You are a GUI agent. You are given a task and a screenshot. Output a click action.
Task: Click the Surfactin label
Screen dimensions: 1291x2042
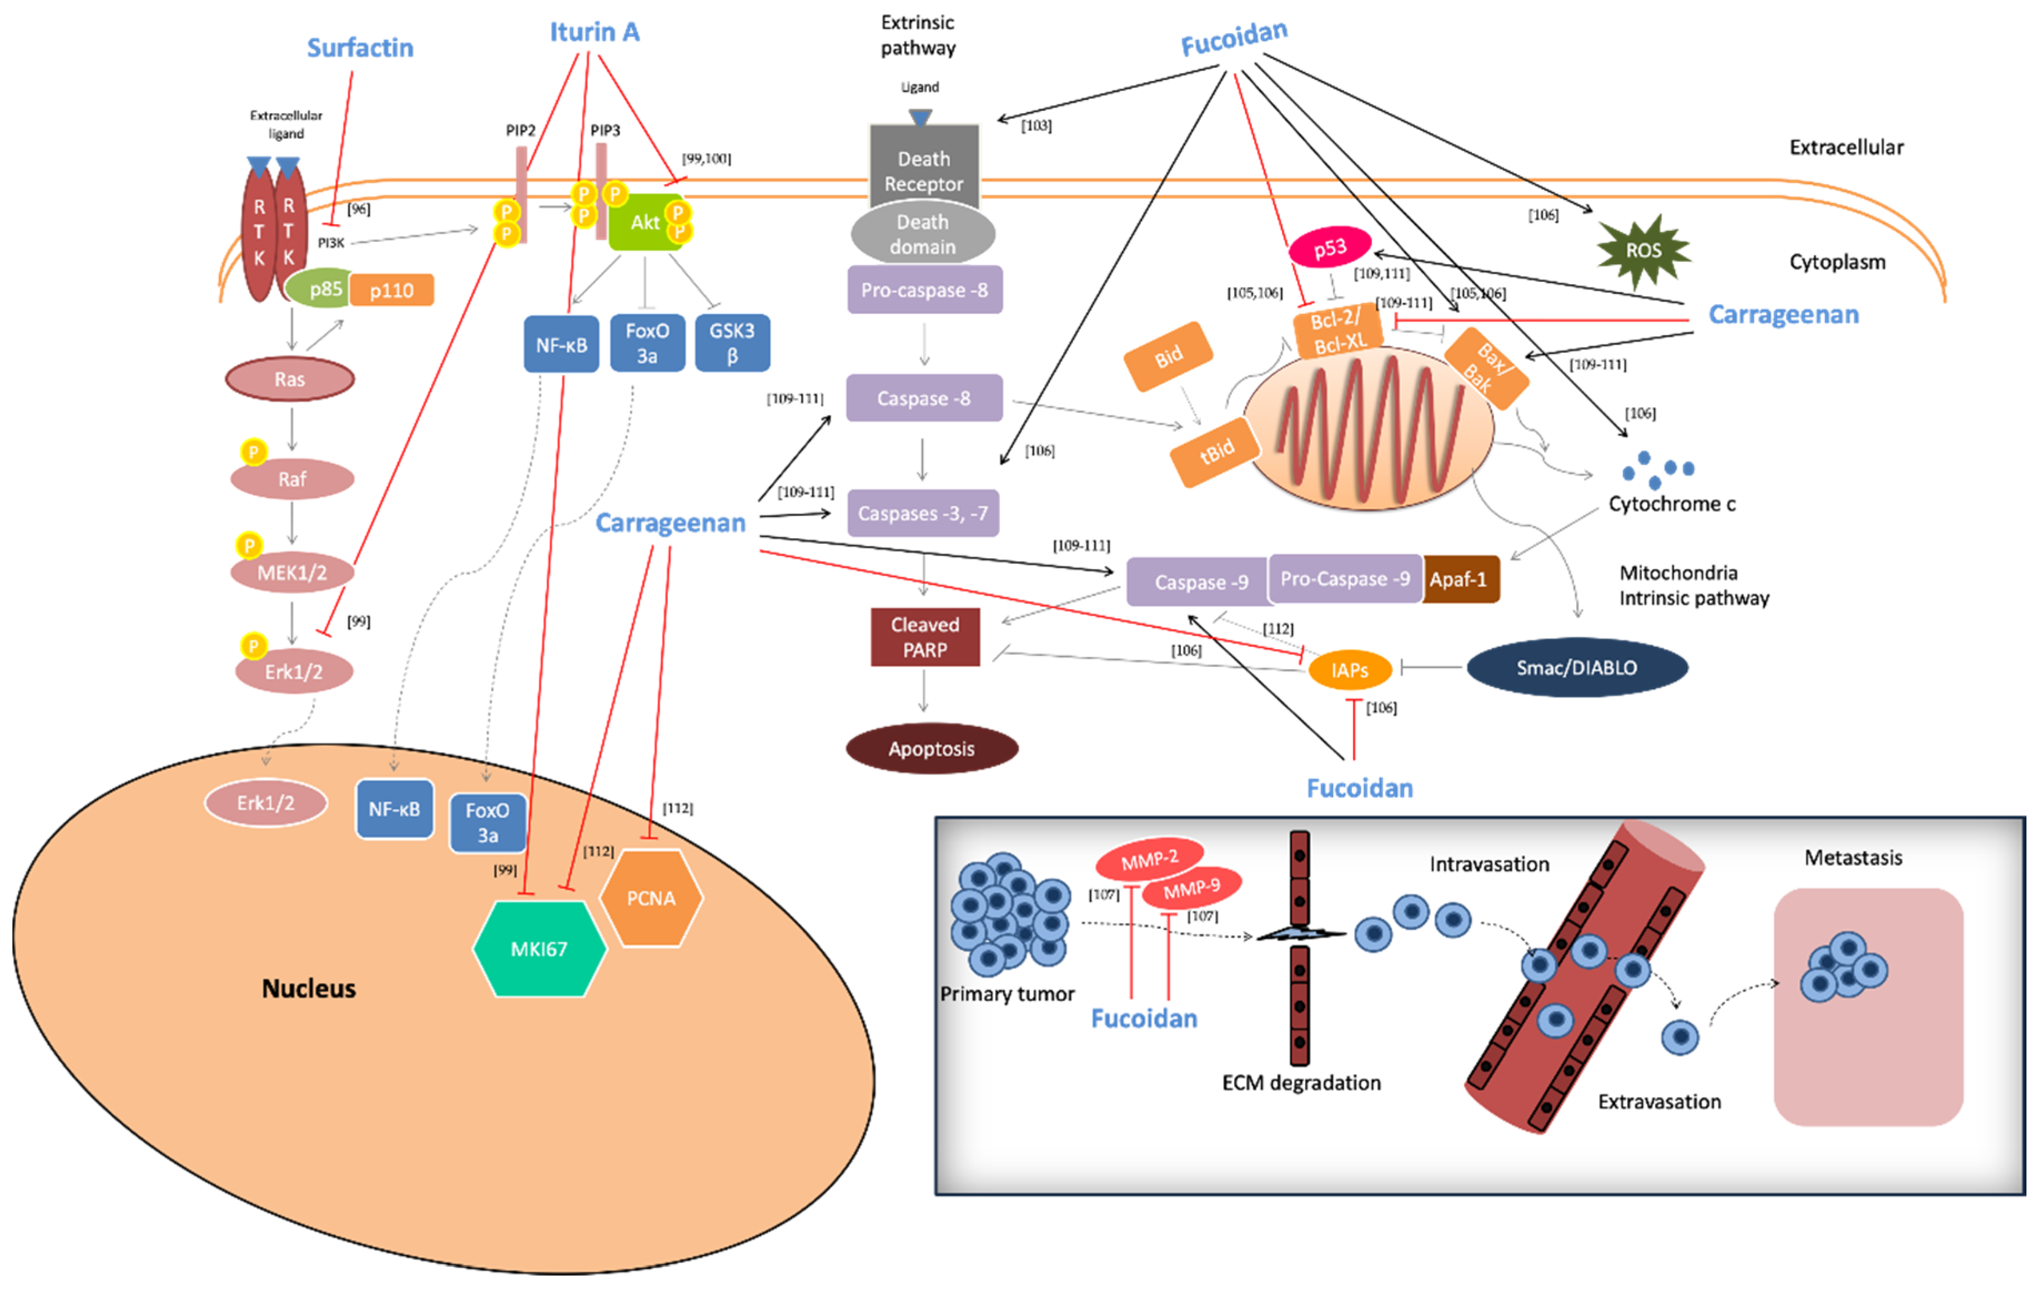point(360,48)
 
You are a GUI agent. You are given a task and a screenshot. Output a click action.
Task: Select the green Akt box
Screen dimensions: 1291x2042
point(645,222)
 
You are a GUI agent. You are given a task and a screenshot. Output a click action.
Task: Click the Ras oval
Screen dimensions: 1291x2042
point(289,379)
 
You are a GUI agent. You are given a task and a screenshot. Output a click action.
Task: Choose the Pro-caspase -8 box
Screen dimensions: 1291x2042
point(924,290)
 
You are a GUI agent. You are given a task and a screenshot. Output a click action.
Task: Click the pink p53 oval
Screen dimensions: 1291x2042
point(1330,247)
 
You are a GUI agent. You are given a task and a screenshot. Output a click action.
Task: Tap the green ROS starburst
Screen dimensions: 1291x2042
point(1643,250)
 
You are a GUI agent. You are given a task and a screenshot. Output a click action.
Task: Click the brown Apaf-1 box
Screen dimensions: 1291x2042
point(1460,580)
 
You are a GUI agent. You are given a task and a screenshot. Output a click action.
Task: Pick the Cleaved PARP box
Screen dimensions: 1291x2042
point(924,636)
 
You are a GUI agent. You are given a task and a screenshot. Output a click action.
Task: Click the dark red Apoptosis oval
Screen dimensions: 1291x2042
point(931,748)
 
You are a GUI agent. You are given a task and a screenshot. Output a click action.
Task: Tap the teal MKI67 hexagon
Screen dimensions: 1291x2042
point(539,949)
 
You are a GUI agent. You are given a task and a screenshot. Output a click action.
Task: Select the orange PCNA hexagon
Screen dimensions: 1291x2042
point(651,898)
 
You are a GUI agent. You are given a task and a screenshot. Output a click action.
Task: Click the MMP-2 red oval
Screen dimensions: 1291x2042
point(1149,859)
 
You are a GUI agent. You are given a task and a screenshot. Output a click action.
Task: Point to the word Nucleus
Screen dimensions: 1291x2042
point(309,989)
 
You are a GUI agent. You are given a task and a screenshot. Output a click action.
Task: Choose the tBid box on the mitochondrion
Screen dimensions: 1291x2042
point(1216,452)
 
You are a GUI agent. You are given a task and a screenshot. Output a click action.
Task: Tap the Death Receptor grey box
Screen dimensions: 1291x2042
point(923,170)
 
